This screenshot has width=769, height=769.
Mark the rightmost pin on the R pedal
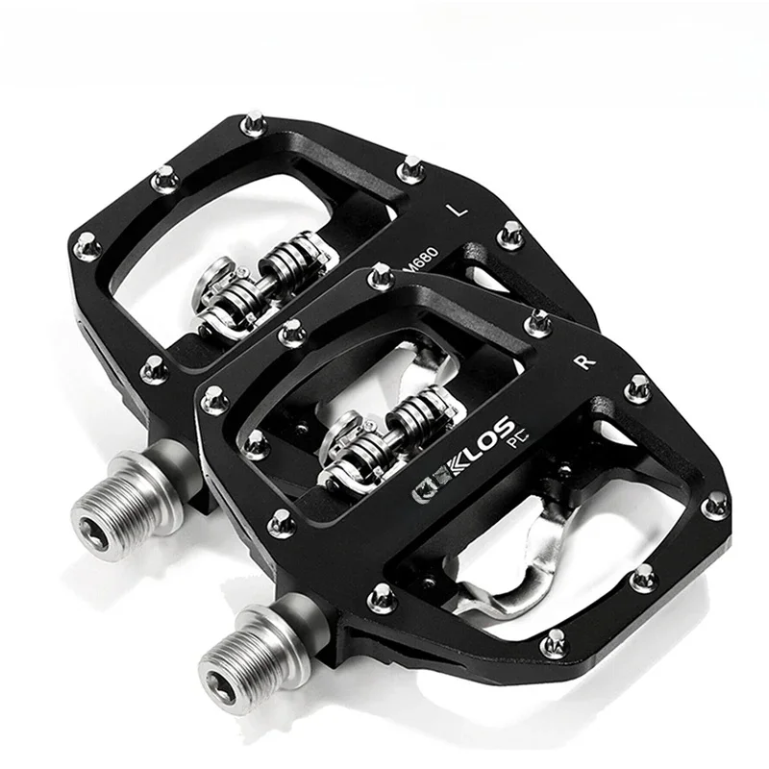coord(715,503)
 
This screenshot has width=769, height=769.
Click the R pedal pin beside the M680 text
coord(381,277)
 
